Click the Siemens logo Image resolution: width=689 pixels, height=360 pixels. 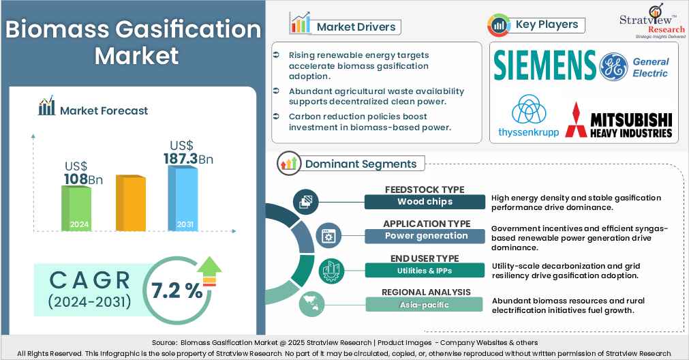point(545,65)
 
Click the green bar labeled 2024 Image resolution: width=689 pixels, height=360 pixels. point(77,209)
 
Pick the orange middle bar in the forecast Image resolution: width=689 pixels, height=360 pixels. point(130,203)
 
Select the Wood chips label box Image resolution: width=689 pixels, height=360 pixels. point(425,202)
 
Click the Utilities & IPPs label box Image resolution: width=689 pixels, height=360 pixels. point(425,270)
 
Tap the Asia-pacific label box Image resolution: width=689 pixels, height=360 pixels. point(425,304)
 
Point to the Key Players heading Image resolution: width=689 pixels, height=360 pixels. point(547,25)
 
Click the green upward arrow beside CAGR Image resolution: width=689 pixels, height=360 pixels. point(211,267)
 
